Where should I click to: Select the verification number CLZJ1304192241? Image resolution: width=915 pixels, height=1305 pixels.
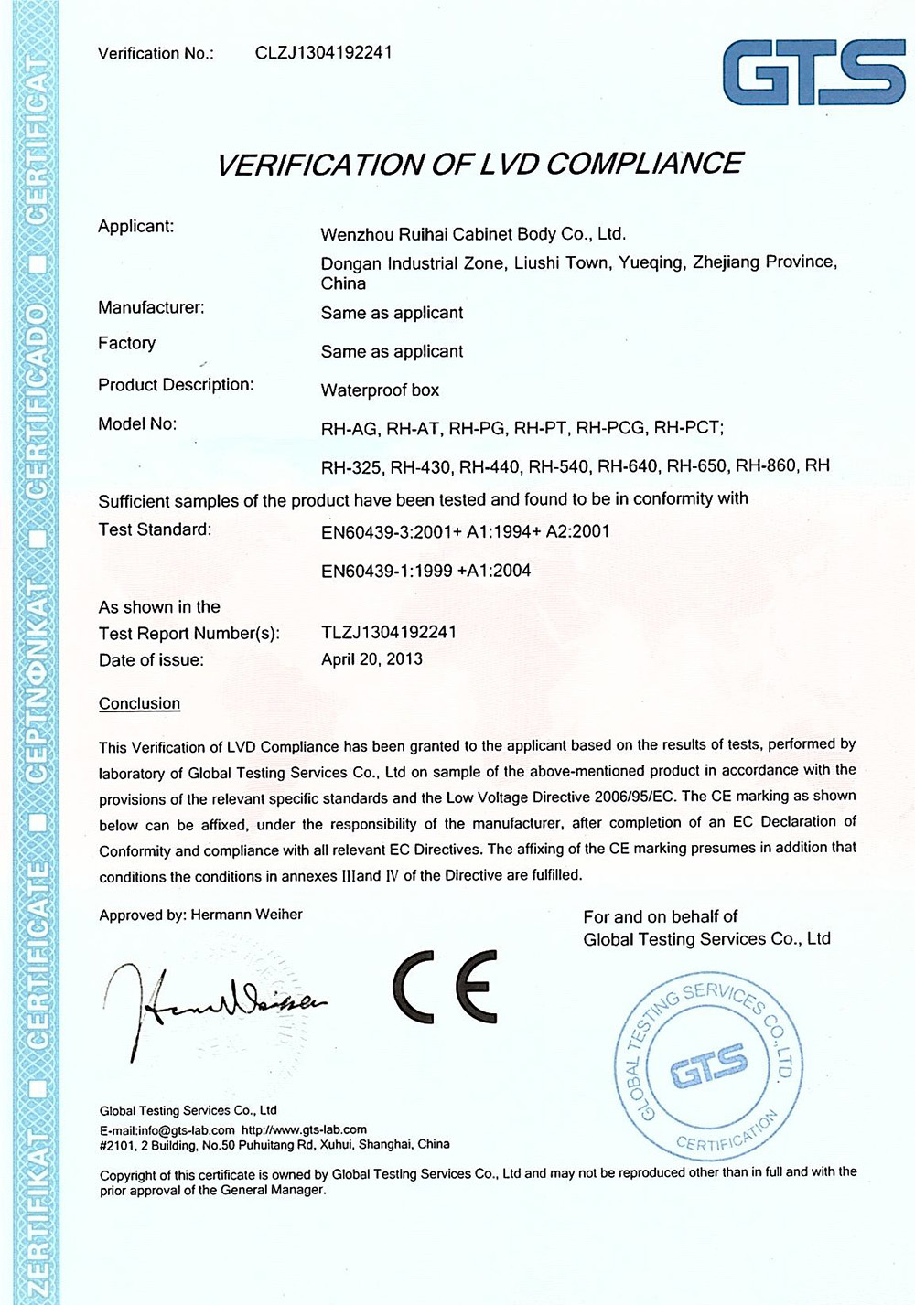[x=324, y=53]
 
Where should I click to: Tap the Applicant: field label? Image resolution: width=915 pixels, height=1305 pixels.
[x=135, y=226]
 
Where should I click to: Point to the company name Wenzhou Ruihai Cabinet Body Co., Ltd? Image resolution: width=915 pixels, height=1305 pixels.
[x=473, y=234]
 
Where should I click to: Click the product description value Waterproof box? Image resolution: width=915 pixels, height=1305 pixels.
[x=380, y=390]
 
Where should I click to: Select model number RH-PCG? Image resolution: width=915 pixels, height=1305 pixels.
[x=611, y=428]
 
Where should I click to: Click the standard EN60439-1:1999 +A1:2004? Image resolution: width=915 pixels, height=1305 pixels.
[x=425, y=571]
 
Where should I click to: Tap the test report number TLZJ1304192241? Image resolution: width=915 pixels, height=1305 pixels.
[x=389, y=632]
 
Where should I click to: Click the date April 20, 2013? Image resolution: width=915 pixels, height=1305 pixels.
[x=371, y=659]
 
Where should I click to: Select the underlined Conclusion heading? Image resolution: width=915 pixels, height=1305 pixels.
[x=139, y=703]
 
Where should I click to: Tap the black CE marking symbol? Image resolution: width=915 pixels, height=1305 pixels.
[x=446, y=987]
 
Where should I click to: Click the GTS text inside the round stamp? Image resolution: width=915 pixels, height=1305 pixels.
[x=708, y=1063]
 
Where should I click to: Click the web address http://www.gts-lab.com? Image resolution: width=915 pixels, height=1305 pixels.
[x=304, y=1130]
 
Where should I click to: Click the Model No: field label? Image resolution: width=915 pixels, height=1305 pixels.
[x=137, y=423]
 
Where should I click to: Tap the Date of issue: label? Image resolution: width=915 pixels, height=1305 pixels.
[x=151, y=659]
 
